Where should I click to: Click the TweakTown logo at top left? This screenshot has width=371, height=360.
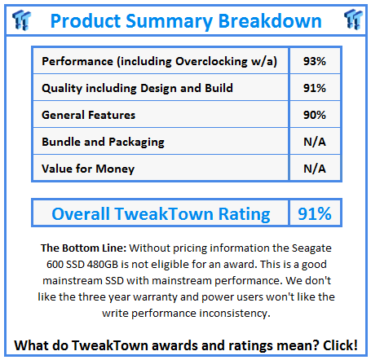(21, 20)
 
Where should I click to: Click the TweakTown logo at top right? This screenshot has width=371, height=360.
(353, 20)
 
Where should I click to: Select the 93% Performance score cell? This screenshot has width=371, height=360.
(315, 61)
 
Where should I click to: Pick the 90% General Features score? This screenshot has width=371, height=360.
(315, 115)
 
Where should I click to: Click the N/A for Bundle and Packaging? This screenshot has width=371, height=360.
(315, 142)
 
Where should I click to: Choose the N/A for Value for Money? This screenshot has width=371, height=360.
(315, 169)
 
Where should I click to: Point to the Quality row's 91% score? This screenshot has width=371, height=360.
(315, 88)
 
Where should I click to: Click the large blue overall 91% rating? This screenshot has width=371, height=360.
(315, 213)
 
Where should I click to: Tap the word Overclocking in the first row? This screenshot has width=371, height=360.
(211, 61)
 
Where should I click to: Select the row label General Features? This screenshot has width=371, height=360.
(88, 115)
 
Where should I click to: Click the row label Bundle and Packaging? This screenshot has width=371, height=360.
(103, 143)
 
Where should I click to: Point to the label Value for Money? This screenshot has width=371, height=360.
(88, 169)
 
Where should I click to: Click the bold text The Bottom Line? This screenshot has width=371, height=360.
(84, 248)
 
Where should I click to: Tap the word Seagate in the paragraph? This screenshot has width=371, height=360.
(311, 248)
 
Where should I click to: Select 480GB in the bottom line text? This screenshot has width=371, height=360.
(103, 264)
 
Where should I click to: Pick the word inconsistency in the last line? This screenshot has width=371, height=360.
(235, 314)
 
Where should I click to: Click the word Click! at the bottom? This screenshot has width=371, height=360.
(340, 345)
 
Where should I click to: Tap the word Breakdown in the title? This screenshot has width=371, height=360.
(270, 20)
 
